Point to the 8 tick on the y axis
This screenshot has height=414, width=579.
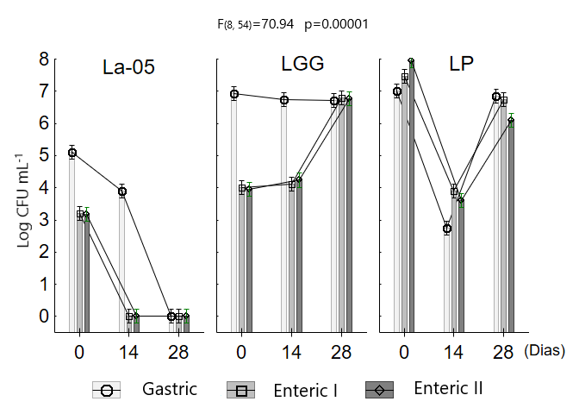[x=43, y=59]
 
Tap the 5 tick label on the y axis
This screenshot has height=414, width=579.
[x=43, y=155]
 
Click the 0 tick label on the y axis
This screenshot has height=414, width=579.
[x=43, y=316]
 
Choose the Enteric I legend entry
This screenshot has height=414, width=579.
[x=281, y=390]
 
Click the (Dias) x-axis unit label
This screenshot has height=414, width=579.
[x=544, y=351]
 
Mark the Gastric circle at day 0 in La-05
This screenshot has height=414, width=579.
[x=72, y=153]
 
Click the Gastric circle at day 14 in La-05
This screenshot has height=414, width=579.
[x=122, y=191]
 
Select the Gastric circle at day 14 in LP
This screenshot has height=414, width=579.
[x=447, y=229]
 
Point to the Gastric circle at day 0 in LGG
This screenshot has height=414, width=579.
[x=233, y=94]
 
